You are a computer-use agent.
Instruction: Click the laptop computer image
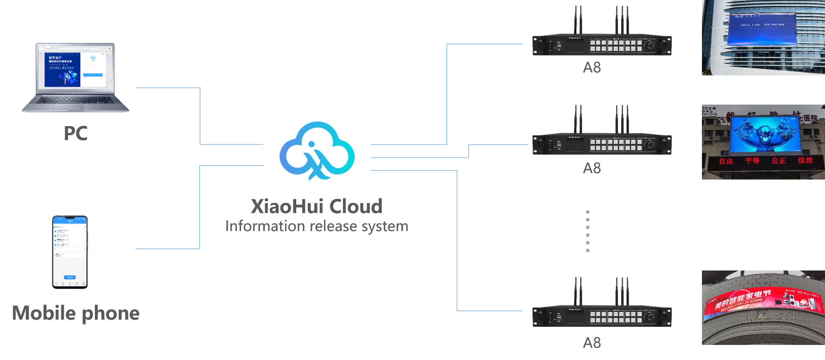tap(75, 77)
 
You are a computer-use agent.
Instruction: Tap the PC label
tap(75, 133)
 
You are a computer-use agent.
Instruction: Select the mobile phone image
tap(70, 252)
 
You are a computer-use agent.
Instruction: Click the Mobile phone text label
tap(75, 313)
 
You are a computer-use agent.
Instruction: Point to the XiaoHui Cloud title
tap(317, 206)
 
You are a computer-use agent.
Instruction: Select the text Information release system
tap(317, 226)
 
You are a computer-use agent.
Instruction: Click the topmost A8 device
tap(602, 45)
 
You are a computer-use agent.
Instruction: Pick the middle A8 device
tap(602, 144)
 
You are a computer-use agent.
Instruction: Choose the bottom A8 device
tap(602, 316)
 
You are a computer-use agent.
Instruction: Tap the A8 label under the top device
tap(592, 68)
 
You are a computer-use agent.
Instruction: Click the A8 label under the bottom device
tap(592, 343)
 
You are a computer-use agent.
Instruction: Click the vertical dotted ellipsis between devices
tap(588, 231)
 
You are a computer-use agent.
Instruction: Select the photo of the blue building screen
tap(763, 37)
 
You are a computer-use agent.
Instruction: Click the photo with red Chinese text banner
tap(763, 142)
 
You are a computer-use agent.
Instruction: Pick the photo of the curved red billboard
tap(763, 307)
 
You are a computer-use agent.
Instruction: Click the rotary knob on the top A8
tap(649, 45)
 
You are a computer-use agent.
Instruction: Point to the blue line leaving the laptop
tap(168, 88)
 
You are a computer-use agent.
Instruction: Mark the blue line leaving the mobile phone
tap(167, 249)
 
